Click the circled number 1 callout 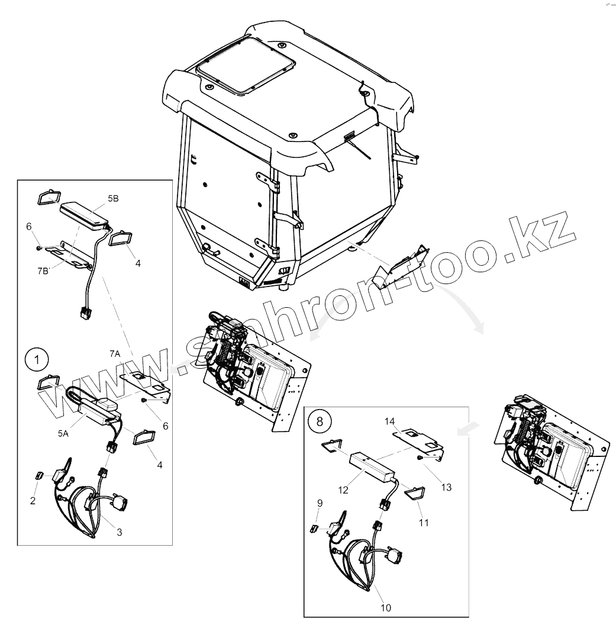pyautogui.click(x=37, y=359)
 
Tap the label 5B pyautogui.click(x=113, y=199)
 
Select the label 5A pyautogui.click(x=63, y=433)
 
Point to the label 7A pyautogui.click(x=115, y=353)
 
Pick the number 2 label pyautogui.click(x=33, y=501)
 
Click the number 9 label pyautogui.click(x=320, y=503)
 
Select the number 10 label pyautogui.click(x=386, y=607)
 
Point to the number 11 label pyautogui.click(x=424, y=523)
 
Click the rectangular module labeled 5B pyautogui.click(x=85, y=214)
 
